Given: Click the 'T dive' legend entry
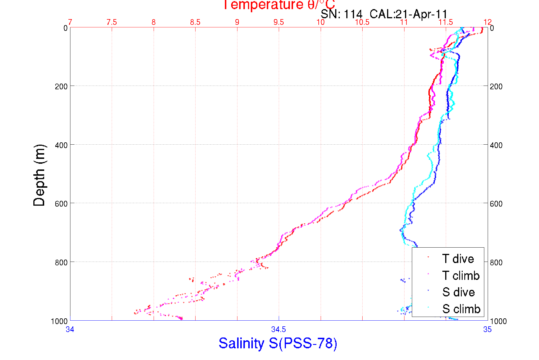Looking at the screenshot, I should click(458, 259).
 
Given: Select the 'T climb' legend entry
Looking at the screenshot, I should click(461, 276).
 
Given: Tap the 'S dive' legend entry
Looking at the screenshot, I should click(458, 292).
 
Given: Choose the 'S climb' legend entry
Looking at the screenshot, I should click(461, 309).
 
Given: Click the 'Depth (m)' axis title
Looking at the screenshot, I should click(39, 175).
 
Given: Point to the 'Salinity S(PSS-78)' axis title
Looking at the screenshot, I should click(278, 343).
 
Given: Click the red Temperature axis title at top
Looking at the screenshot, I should click(279, 5).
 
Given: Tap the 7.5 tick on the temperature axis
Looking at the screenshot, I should click(112, 22).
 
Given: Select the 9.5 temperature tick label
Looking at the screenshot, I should click(279, 22).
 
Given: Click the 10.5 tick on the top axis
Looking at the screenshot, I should click(362, 22).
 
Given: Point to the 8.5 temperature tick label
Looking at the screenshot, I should click(195, 22).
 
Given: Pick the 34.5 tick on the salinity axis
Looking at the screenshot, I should click(278, 329).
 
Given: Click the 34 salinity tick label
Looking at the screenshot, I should click(70, 329).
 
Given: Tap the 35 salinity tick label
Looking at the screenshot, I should click(487, 329).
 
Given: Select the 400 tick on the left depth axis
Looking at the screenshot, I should click(61, 145).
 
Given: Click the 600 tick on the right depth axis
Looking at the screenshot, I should click(496, 204).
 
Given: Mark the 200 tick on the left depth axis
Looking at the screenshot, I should click(61, 86).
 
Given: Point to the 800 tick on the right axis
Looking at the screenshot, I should click(496, 262).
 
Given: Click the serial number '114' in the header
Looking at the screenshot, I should click(353, 14).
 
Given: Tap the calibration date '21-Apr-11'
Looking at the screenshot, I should click(422, 14).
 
